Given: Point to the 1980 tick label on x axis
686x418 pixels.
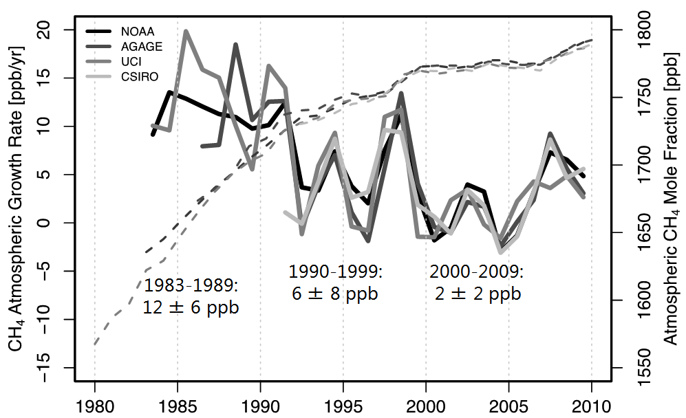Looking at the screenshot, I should click(95, 403).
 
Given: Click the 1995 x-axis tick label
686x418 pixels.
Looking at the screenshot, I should click(343, 403).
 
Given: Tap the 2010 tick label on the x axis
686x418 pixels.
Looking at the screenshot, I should click(592, 403).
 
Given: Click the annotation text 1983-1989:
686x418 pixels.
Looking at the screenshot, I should click(191, 285).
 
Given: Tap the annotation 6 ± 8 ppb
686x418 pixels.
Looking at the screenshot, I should click(335, 294).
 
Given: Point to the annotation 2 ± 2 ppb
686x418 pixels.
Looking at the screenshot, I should click(478, 294).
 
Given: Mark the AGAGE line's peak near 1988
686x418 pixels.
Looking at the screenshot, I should click(235, 45).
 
